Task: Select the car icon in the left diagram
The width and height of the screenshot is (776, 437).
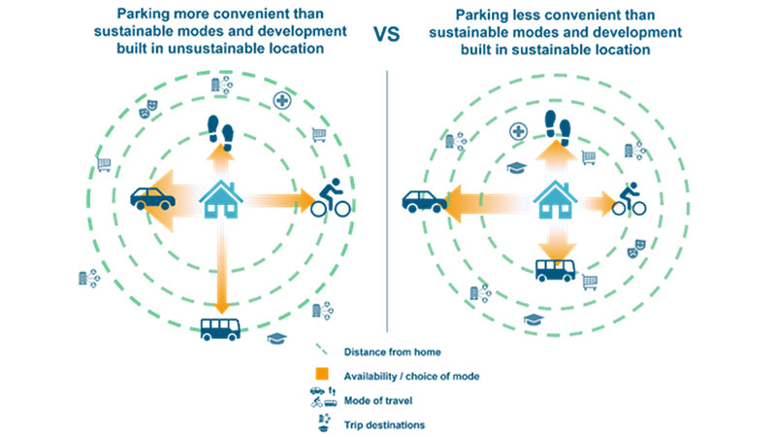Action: pos(151,198)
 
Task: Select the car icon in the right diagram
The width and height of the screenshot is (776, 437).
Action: pos(423,201)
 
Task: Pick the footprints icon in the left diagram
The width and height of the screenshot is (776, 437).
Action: pos(225,128)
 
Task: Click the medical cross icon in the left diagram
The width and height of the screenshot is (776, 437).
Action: pos(282,100)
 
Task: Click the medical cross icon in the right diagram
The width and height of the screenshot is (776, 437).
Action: pos(518,131)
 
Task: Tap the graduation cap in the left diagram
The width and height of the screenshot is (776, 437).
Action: pos(277,338)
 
